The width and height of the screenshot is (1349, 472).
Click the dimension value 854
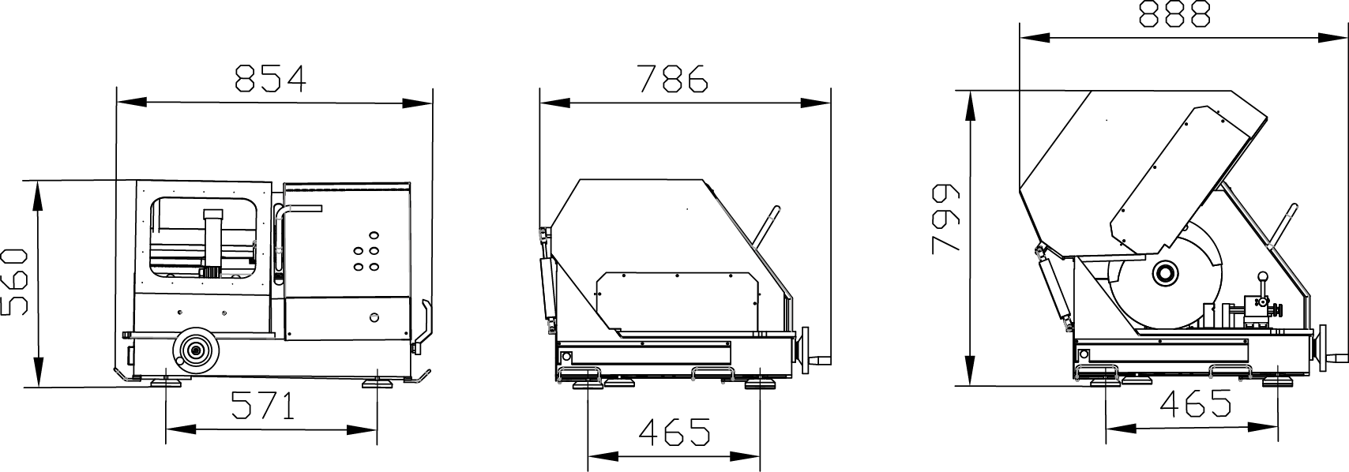click(x=270, y=78)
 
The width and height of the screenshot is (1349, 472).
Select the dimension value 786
click(x=673, y=78)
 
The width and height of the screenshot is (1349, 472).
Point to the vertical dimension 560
click(x=16, y=282)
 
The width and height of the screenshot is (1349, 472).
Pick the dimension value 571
click(x=263, y=406)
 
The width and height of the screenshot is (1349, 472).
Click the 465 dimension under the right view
click(x=1195, y=403)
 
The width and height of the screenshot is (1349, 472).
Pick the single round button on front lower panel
click(x=374, y=317)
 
